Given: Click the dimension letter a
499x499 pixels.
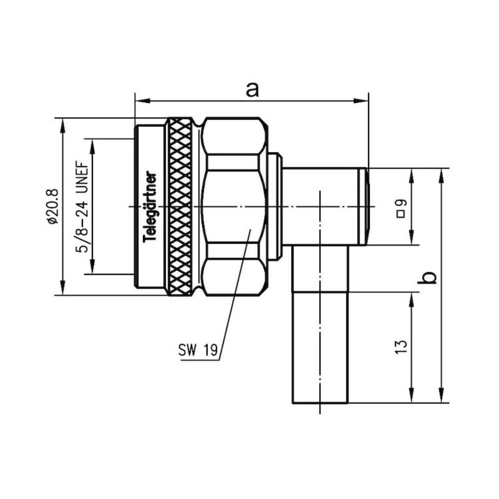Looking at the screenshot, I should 253,90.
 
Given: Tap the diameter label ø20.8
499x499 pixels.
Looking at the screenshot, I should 52,206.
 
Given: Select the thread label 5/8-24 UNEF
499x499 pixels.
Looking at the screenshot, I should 83,207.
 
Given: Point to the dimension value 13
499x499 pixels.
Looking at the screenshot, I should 401,347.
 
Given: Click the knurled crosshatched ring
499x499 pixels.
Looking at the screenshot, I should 180,206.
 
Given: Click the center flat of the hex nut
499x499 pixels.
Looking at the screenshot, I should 232,206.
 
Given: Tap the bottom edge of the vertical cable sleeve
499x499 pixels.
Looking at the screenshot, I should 319,402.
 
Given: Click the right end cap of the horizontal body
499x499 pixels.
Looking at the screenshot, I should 367,206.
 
